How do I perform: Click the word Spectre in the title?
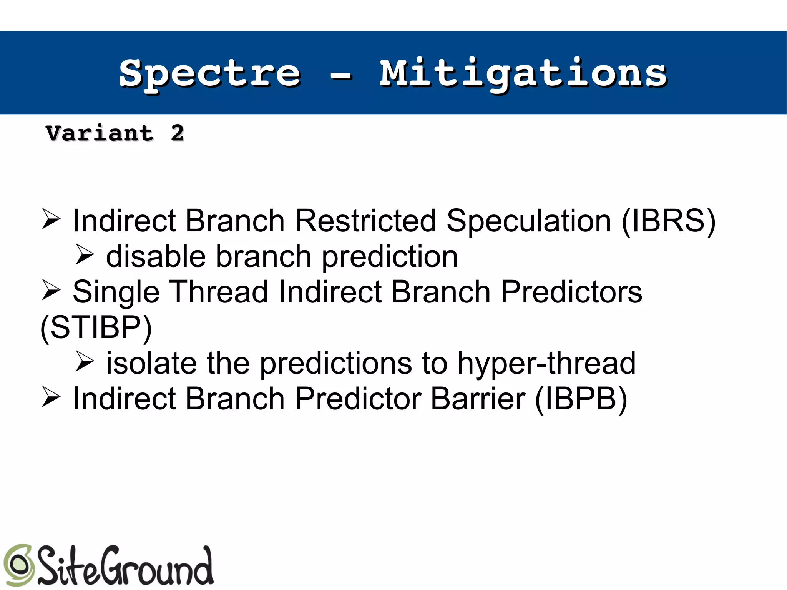(209, 74)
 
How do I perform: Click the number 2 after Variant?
(177, 133)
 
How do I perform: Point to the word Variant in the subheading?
(100, 133)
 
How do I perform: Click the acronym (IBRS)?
(668, 221)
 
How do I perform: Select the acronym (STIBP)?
(96, 327)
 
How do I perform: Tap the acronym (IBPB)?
(581, 399)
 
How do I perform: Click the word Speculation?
(529, 221)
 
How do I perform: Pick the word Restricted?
(365, 221)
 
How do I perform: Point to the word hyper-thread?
(546, 363)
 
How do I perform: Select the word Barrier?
(478, 399)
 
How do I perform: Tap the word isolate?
(151, 363)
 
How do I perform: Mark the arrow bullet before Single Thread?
(51, 290)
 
